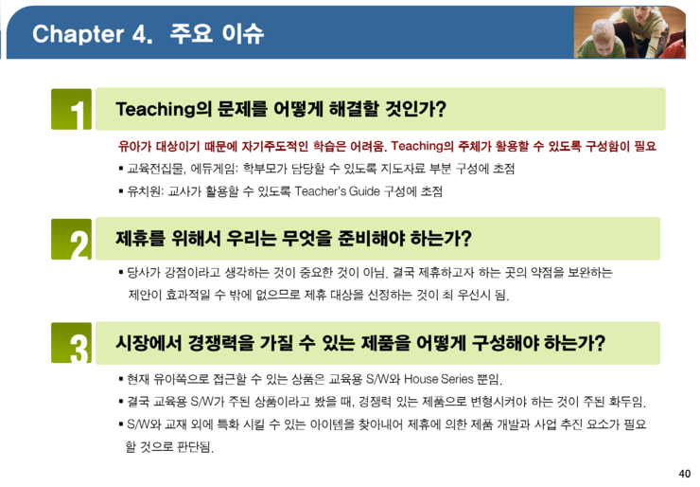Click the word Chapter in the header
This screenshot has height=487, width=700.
(x=79, y=34)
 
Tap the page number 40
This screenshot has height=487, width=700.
(x=684, y=473)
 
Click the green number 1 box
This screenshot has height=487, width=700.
(x=72, y=109)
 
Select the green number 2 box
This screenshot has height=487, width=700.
(x=72, y=240)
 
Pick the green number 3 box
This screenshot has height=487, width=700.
(x=72, y=343)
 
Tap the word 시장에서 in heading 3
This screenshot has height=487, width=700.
(x=149, y=343)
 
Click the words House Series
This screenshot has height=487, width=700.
(x=438, y=379)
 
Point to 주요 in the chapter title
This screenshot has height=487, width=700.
(x=191, y=33)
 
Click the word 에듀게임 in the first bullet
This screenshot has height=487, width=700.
(x=215, y=169)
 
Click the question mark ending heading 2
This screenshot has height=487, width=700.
(x=466, y=239)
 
